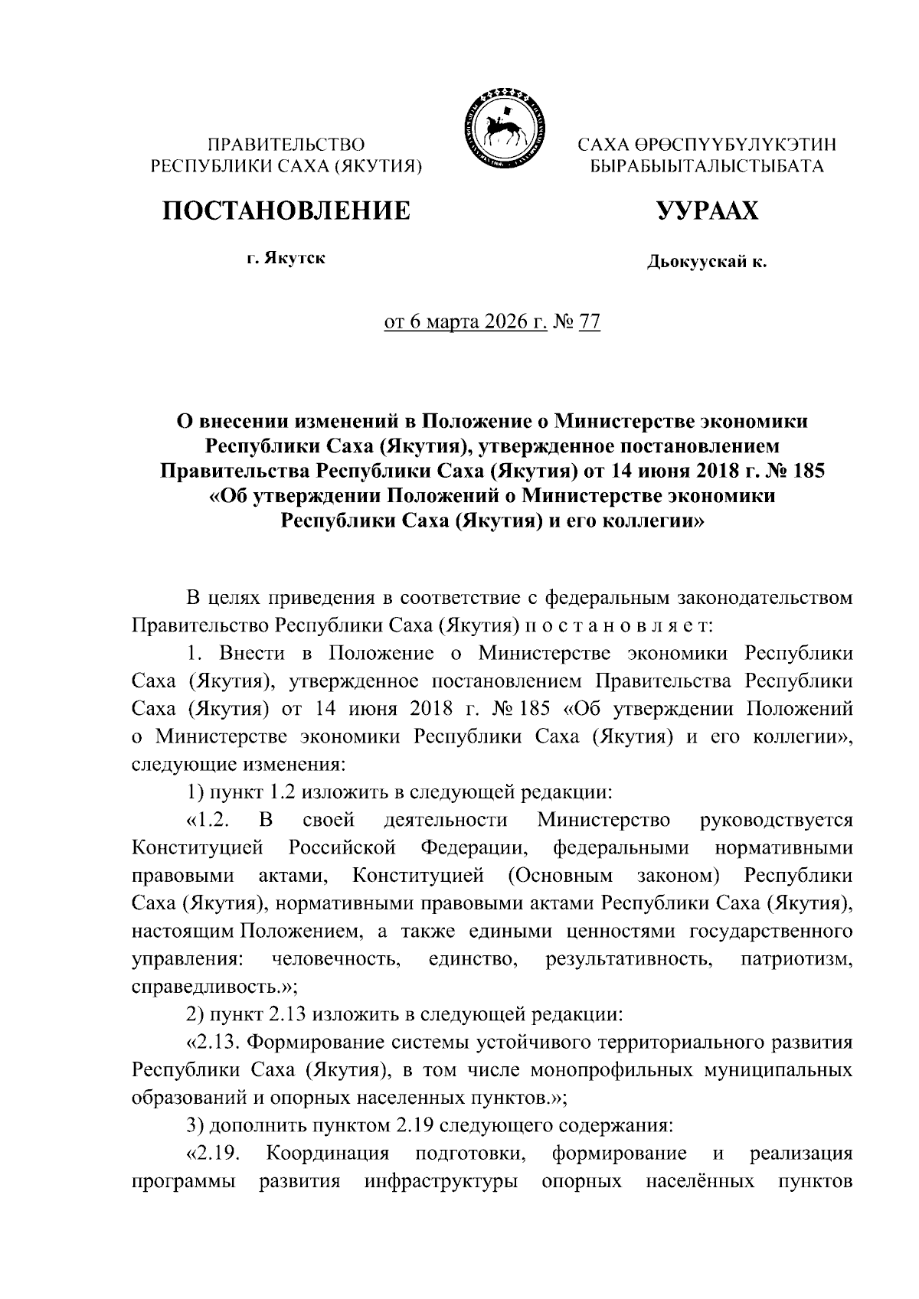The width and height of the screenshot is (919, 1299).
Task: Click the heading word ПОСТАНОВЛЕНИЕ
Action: click(285, 210)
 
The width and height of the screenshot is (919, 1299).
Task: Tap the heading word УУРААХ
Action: click(706, 210)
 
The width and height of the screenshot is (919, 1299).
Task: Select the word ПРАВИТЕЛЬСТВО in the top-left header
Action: click(287, 144)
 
